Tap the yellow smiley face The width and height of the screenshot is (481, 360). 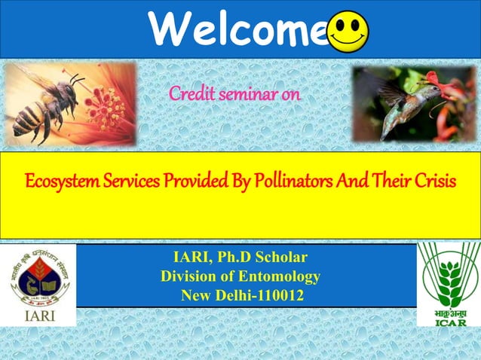349,32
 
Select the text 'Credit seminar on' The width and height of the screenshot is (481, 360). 234,95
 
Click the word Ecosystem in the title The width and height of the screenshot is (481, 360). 60,182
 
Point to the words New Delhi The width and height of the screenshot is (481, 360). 212,296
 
